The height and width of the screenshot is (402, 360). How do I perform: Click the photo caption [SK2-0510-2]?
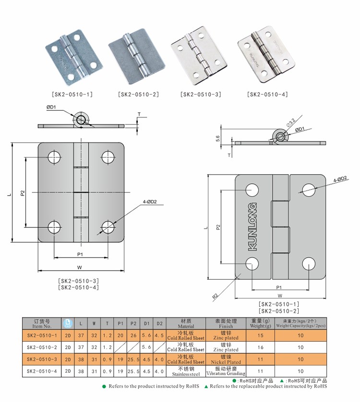[x=138, y=95]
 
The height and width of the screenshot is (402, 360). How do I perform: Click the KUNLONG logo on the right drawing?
[x=253, y=226]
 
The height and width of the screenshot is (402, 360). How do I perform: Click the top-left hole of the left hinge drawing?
[x=53, y=156]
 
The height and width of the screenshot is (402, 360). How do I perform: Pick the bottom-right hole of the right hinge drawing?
[x=309, y=263]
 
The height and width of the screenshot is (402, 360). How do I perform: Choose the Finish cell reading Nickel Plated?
[x=226, y=359]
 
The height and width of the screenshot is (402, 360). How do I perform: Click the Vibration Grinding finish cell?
[x=226, y=371]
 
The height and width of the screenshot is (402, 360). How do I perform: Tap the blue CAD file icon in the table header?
[x=67, y=323]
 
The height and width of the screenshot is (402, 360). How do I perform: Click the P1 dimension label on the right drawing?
[x=278, y=287]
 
